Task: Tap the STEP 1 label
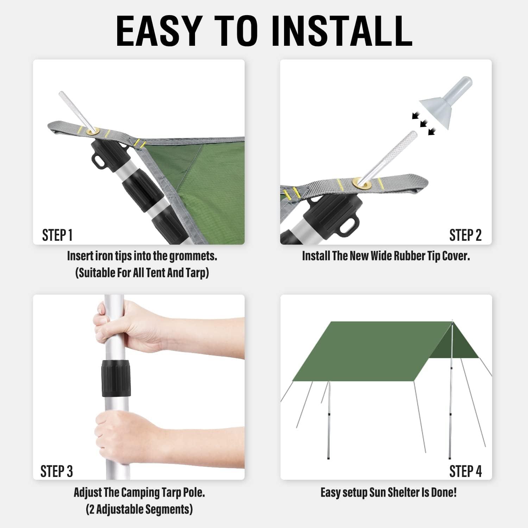[x=57, y=235]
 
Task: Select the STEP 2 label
[x=465, y=235]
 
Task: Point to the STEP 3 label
[x=56, y=471]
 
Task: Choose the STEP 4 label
[x=465, y=471]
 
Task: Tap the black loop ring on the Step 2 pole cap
[x=349, y=224]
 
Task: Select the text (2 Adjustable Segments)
[x=139, y=509]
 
